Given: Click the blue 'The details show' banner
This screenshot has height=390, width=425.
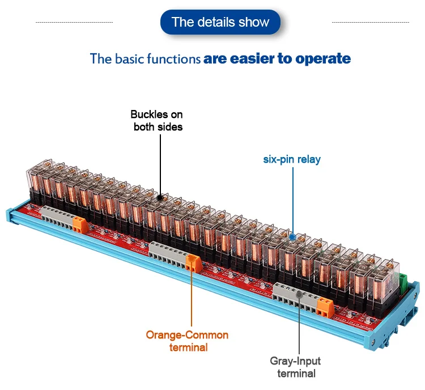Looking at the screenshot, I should [220, 22].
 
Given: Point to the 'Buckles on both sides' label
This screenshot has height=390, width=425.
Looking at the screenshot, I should [158, 121].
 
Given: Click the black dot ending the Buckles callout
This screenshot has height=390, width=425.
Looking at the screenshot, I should [160, 198].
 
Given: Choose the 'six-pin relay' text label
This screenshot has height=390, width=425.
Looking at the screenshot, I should [292, 159].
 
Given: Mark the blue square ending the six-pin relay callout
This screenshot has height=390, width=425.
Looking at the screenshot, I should [292, 236].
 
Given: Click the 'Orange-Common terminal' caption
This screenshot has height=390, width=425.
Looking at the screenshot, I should [187, 341].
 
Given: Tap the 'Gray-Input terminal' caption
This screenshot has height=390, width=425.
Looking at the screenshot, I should [296, 367].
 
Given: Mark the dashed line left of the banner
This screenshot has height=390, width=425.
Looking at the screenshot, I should [74, 22].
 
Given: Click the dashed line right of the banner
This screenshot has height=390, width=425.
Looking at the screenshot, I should [370, 22].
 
